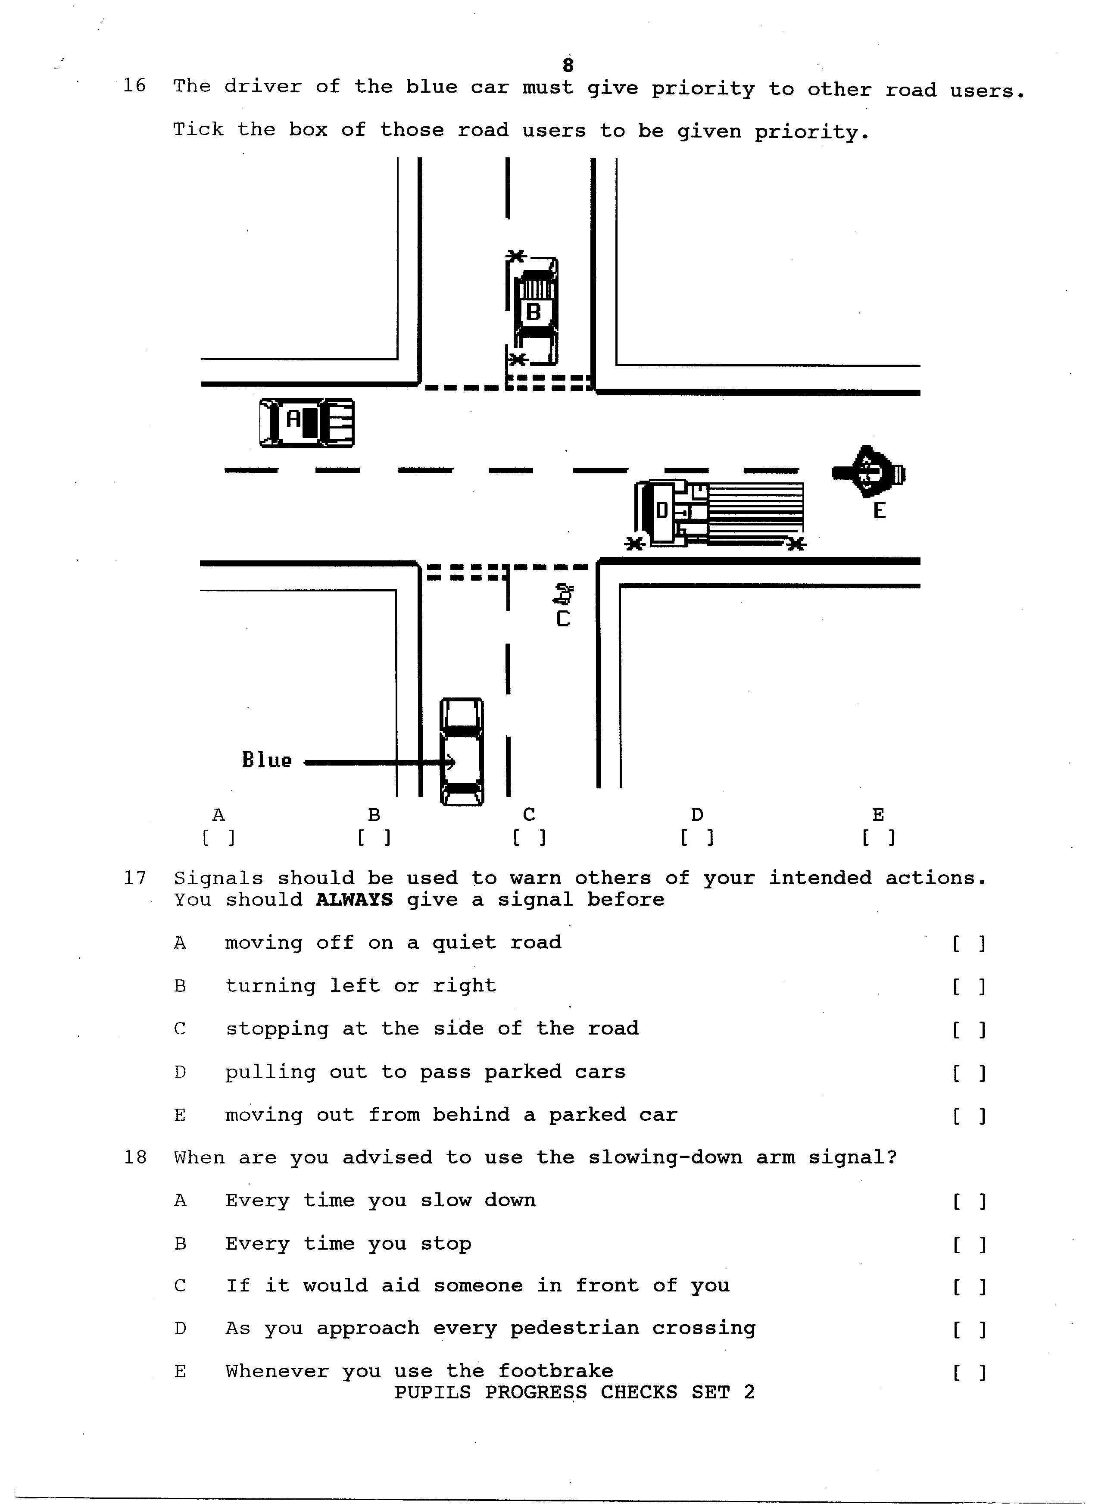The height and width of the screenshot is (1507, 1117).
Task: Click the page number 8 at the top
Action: click(x=568, y=65)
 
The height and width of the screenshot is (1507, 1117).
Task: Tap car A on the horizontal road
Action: click(x=307, y=423)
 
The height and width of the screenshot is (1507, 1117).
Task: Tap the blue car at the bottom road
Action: click(x=462, y=751)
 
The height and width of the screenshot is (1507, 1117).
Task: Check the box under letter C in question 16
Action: click(x=530, y=838)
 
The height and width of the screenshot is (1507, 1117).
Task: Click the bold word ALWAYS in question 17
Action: click(x=354, y=900)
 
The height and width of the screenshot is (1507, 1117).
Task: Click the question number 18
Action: click(x=135, y=1157)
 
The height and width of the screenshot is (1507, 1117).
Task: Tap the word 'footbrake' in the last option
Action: click(x=556, y=1371)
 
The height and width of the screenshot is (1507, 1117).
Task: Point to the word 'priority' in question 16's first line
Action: click(x=703, y=89)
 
